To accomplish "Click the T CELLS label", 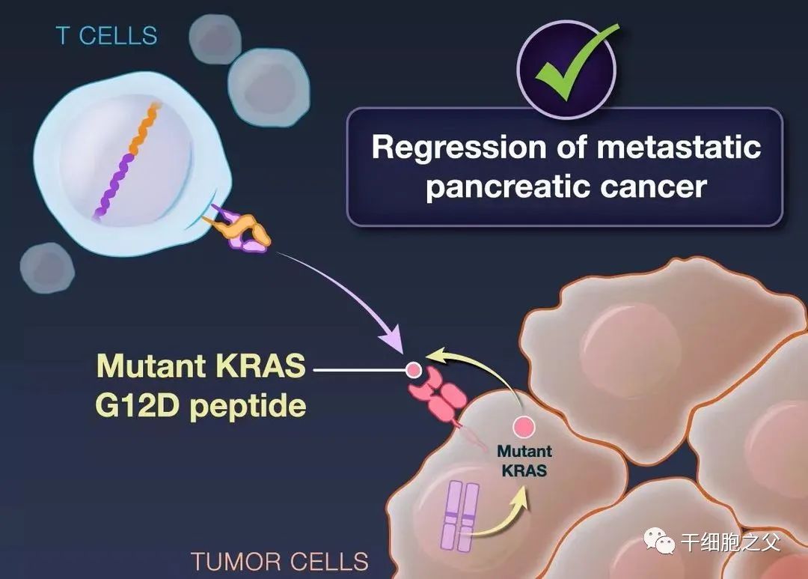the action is (x=107, y=36).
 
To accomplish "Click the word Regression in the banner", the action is (x=458, y=147).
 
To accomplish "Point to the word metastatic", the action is (x=679, y=147).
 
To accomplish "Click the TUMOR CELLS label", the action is (x=280, y=562).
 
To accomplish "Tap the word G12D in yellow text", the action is (x=137, y=406).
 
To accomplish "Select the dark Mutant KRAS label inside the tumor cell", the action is (x=524, y=461).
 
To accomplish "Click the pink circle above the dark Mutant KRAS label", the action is (x=524, y=427).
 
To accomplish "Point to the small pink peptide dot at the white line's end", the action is (x=413, y=370).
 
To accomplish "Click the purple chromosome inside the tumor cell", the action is (x=459, y=516).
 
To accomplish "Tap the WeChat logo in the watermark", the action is (x=659, y=541).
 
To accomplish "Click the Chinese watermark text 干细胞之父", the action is (x=731, y=542).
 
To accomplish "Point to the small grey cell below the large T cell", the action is (x=47, y=268).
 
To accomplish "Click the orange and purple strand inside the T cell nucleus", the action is (x=126, y=161).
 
